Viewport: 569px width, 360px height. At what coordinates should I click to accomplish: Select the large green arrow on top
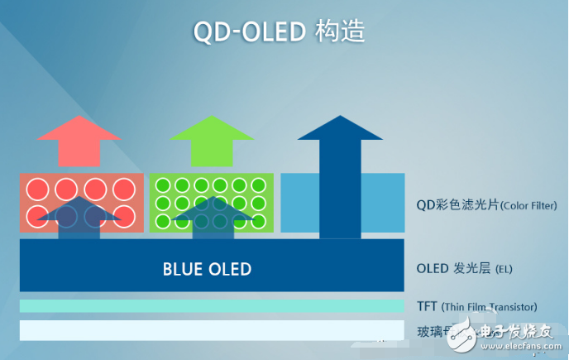tap(212, 140)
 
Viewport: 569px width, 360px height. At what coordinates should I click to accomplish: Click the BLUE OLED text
tap(207, 269)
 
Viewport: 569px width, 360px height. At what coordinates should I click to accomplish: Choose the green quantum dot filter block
tap(211, 203)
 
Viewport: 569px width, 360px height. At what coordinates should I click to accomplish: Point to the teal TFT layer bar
tap(212, 306)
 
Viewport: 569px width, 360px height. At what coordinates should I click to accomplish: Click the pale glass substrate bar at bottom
tap(212, 330)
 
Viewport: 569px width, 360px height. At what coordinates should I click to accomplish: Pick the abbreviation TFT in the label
tap(427, 306)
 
